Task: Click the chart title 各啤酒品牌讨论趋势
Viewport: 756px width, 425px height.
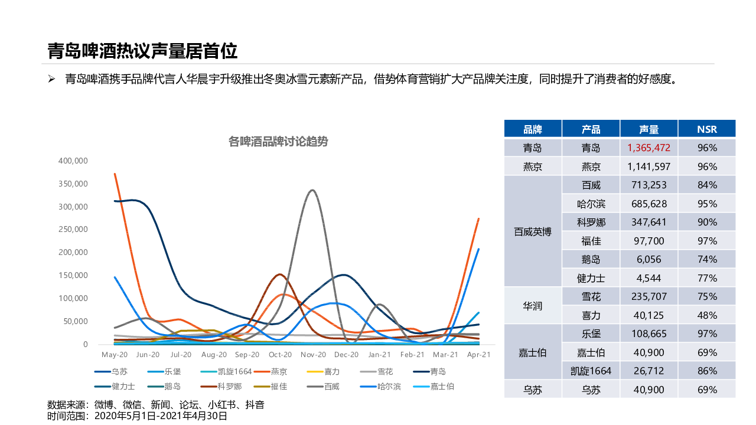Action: click(278, 142)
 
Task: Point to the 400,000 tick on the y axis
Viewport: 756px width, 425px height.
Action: click(73, 161)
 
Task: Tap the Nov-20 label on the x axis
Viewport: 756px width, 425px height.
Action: click(313, 355)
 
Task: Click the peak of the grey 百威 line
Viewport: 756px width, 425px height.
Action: click(312, 190)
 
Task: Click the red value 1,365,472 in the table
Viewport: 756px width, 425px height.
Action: click(649, 148)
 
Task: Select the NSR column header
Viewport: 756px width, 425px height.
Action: click(706, 129)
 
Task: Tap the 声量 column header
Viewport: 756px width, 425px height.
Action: click(649, 129)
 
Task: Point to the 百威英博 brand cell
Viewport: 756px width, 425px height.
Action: click(532, 231)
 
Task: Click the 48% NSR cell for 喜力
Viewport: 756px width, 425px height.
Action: click(706, 315)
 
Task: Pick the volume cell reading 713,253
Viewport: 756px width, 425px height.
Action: click(649, 185)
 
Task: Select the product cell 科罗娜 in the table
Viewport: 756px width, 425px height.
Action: click(591, 222)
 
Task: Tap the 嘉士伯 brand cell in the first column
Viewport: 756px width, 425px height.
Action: click(532, 352)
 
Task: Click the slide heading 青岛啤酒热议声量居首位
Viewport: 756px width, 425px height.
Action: click(142, 51)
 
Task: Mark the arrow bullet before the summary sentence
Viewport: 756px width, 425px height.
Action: click(51, 79)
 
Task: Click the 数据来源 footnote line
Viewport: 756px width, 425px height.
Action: click(156, 405)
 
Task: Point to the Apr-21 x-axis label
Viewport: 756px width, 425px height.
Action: click(479, 355)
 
